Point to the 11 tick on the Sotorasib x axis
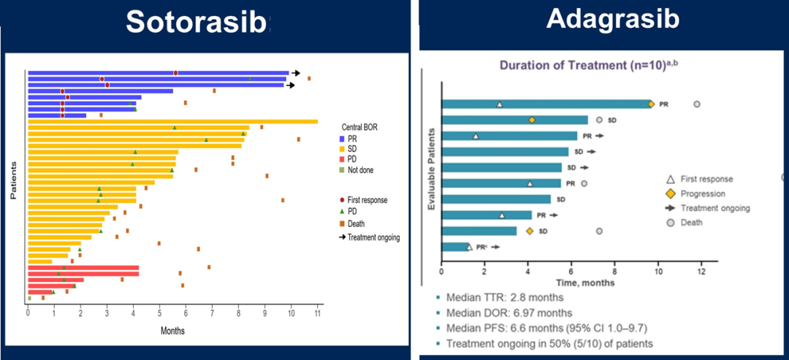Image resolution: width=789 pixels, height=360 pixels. pos(317,313)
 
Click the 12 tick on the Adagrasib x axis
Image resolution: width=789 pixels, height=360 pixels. pos(701,273)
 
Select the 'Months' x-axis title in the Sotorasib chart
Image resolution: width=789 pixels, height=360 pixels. pos(172,331)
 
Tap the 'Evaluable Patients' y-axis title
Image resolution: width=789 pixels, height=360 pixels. pos(431,170)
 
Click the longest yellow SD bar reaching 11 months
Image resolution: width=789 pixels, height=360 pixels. pos(172,121)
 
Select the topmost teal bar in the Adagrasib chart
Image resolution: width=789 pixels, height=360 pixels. pos(546,104)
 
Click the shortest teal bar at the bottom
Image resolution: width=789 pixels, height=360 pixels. pos(455,247)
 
